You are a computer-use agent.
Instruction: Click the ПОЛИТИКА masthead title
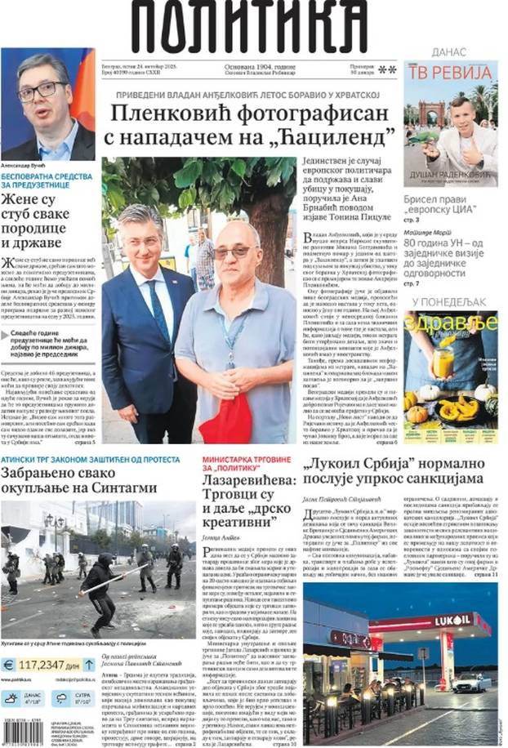[249, 28]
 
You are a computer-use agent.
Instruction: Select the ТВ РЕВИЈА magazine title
[450, 73]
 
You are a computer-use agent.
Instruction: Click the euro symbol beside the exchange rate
[11, 665]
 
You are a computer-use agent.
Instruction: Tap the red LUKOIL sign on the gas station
[452, 621]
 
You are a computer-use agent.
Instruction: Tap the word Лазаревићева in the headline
[248, 483]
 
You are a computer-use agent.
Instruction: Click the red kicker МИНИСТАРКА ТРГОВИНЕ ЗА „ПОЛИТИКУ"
[239, 463]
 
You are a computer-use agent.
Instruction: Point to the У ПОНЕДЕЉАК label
[450, 302]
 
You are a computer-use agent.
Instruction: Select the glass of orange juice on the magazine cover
[443, 362]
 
